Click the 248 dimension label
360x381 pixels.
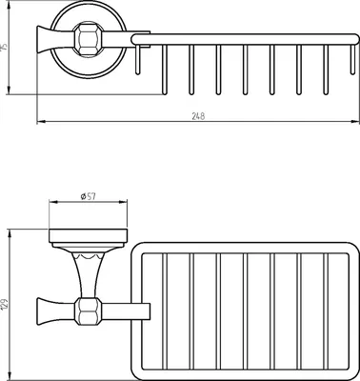[198, 116]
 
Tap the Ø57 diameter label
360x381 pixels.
[88, 196]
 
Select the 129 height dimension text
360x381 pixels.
[5, 304]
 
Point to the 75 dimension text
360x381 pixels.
[4, 48]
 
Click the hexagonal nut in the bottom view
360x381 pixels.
[89, 311]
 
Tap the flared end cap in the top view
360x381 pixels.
[45, 40]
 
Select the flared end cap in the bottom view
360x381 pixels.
[45, 311]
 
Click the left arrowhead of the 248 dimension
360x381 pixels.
[40, 122]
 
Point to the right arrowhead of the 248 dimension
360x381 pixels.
[355, 122]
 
